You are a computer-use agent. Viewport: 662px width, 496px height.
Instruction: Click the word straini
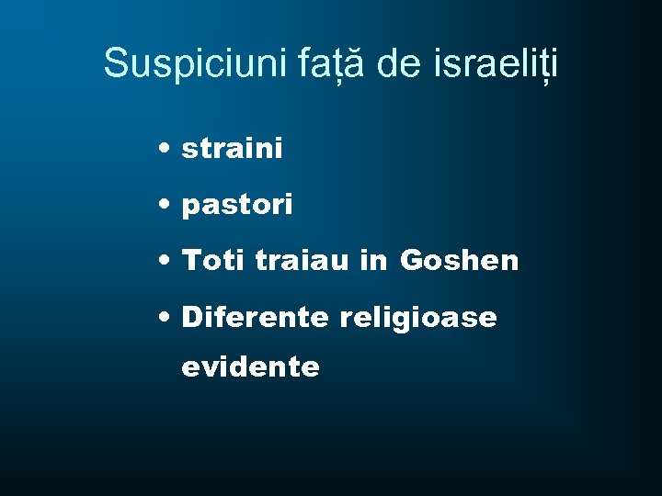(x=233, y=148)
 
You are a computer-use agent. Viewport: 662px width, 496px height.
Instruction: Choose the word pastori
(x=237, y=206)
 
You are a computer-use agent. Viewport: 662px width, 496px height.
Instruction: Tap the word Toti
(x=214, y=262)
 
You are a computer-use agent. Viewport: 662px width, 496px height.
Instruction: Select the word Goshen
(x=460, y=262)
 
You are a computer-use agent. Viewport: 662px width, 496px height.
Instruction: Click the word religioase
(x=418, y=319)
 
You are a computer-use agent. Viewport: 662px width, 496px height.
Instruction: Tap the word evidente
(x=251, y=367)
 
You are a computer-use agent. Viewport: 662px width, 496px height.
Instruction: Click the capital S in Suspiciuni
(x=117, y=63)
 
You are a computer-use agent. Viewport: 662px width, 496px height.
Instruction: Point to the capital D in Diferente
(x=193, y=318)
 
